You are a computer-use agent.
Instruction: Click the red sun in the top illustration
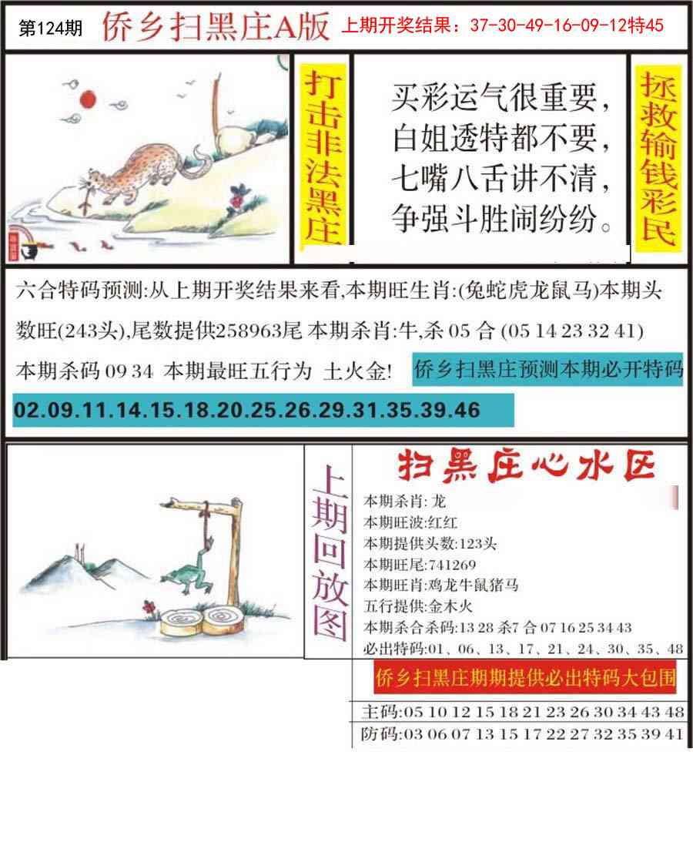tap(87, 98)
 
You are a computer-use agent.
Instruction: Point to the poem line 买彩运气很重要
tap(504, 98)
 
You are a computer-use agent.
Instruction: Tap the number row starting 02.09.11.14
tap(246, 410)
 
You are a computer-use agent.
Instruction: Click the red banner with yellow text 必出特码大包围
tap(526, 679)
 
